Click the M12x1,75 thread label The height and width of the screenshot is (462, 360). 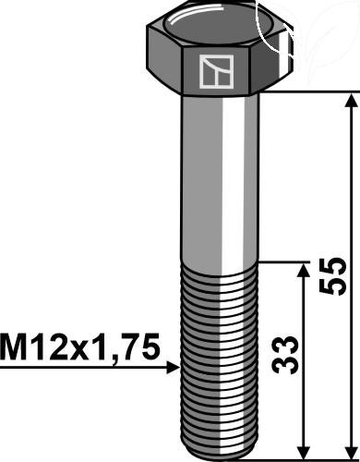coord(80,346)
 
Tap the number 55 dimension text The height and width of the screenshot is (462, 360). coord(333,276)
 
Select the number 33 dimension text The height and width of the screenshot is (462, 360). coord(285,355)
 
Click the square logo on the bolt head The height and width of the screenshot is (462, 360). coord(216,72)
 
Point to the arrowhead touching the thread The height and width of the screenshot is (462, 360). coord(174,368)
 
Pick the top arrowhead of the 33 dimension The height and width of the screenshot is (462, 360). coord(304,271)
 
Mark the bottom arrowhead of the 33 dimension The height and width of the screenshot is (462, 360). coord(304,452)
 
